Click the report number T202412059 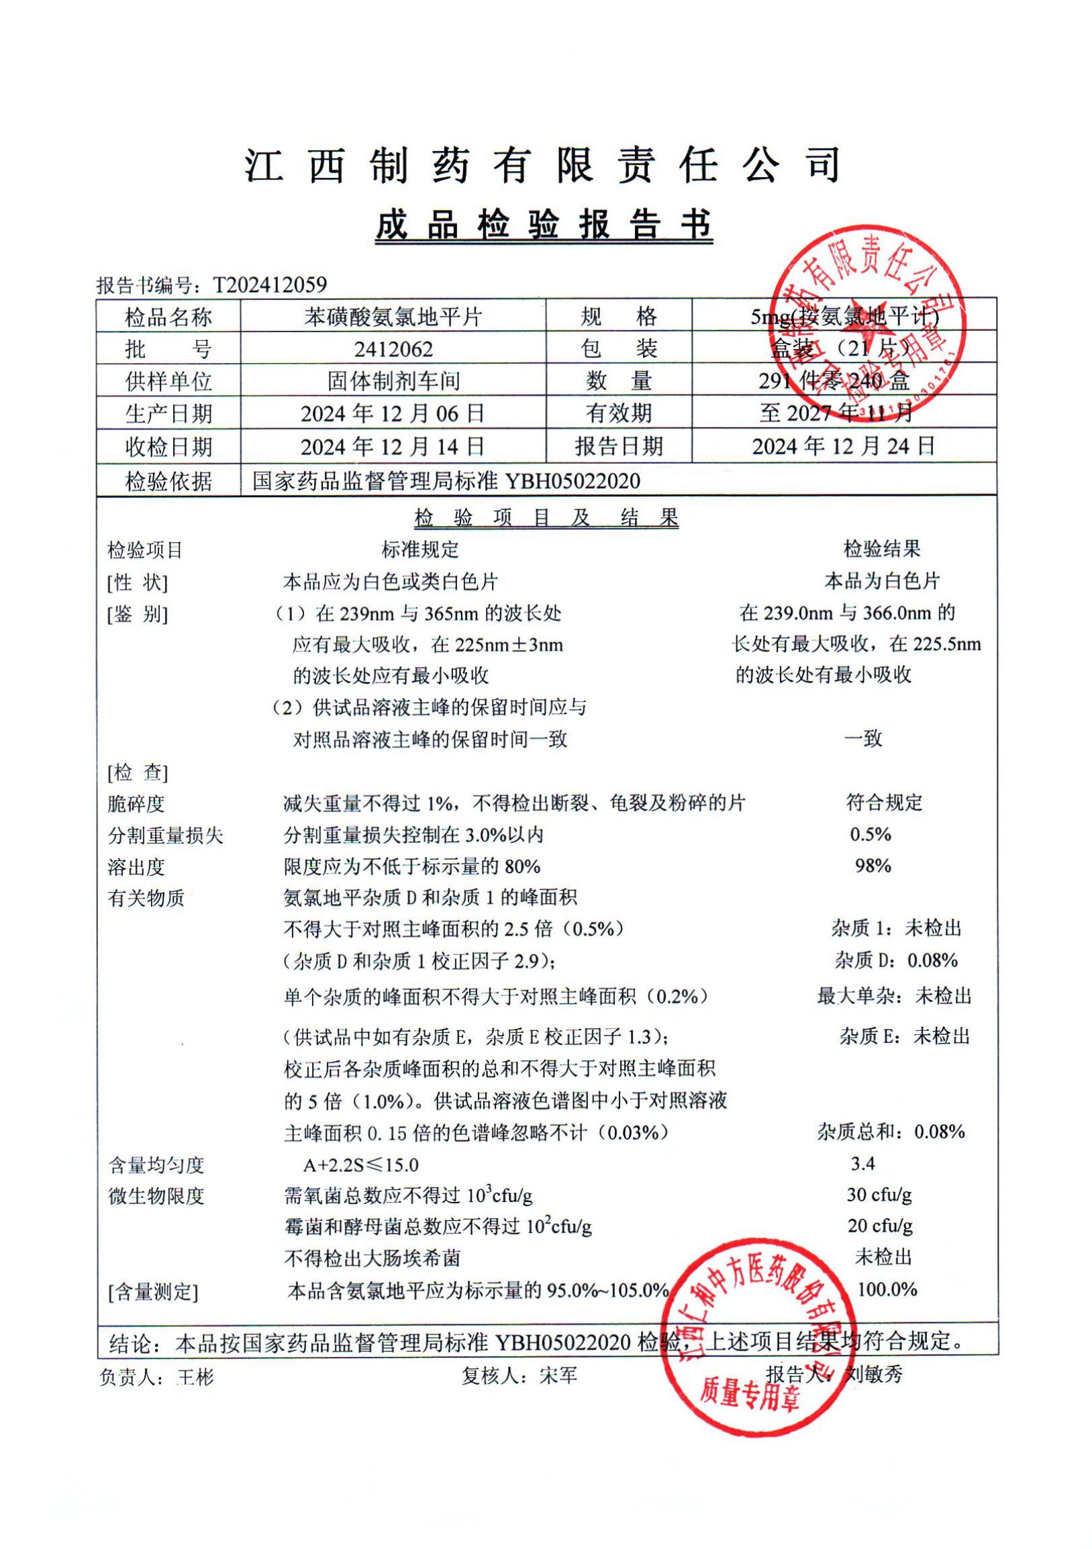(x=270, y=285)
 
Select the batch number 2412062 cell (x=393, y=348)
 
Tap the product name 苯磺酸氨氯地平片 (x=393, y=316)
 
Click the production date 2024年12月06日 (x=393, y=413)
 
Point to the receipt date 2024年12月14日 (x=393, y=446)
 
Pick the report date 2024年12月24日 (x=844, y=446)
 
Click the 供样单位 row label (x=168, y=381)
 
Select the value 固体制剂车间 (x=393, y=381)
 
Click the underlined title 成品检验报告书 (x=544, y=225)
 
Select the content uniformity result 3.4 (x=863, y=1163)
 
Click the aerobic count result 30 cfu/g (x=879, y=1195)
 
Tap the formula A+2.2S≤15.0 (x=361, y=1164)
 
